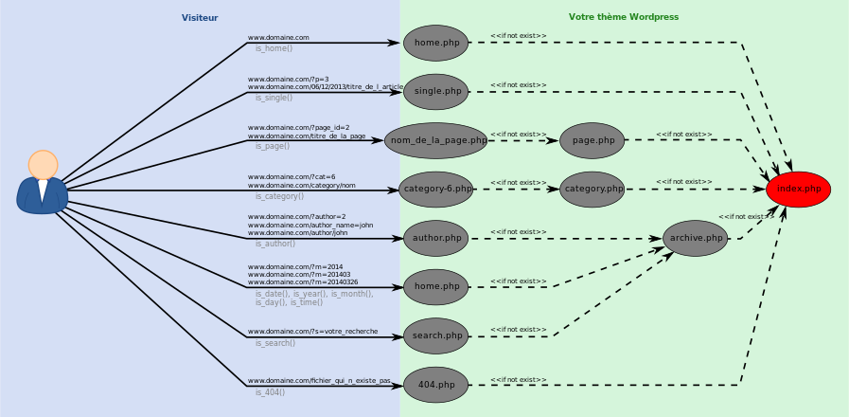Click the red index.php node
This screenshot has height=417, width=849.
click(798, 190)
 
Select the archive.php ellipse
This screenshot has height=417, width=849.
click(696, 238)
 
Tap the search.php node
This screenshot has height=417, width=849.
click(436, 335)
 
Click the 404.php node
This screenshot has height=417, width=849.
click(436, 385)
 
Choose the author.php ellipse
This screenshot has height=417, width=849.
click(436, 238)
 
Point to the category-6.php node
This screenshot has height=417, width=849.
click(435, 190)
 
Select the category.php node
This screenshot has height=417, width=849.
click(593, 190)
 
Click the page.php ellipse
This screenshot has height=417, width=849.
click(593, 140)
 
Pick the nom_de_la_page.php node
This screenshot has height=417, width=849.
click(435, 140)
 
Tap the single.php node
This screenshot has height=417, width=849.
click(436, 92)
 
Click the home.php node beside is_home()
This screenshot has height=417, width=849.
click(436, 43)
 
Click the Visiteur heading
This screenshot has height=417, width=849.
click(200, 18)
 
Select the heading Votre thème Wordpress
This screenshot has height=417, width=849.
click(623, 17)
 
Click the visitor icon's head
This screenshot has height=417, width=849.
click(43, 164)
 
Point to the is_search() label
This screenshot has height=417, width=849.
click(274, 343)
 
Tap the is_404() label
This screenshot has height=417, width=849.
click(270, 392)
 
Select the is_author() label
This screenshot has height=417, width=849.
click(274, 245)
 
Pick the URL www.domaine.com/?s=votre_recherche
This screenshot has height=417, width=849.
click(312, 332)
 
